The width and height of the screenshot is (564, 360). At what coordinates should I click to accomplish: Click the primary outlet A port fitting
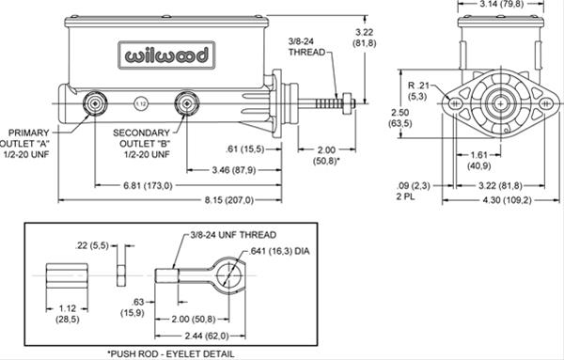[95, 102]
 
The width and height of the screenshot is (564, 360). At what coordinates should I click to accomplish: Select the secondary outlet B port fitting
[187, 102]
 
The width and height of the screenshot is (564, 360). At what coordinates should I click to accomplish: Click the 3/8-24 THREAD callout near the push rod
[307, 47]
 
